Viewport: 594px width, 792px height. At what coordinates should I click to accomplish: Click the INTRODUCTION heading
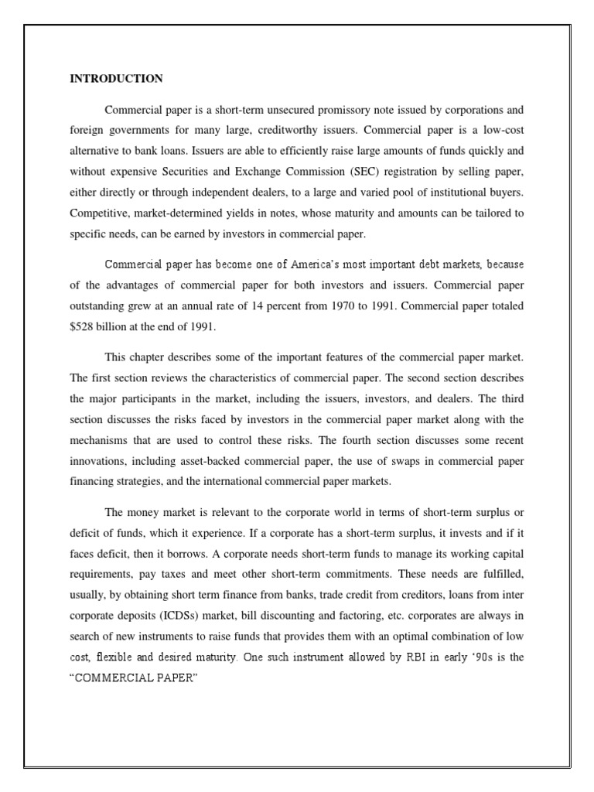116,79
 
